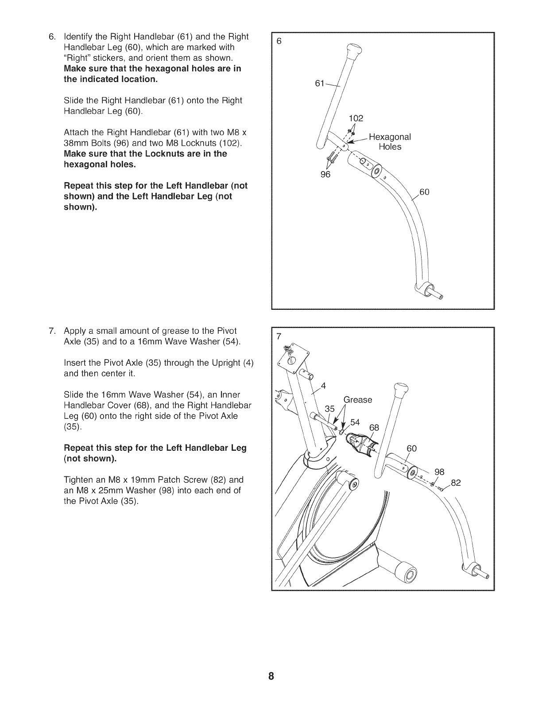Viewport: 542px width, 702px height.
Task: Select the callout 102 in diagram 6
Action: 356,118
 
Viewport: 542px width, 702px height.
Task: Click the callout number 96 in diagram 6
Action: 325,174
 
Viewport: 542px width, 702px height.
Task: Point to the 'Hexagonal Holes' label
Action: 390,141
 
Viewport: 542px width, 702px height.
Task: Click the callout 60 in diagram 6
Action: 424,192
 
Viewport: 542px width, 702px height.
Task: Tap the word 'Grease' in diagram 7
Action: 358,400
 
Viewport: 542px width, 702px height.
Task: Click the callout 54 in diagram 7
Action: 355,422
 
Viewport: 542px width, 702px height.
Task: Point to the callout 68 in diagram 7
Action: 374,428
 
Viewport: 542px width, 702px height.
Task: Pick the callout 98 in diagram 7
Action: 439,472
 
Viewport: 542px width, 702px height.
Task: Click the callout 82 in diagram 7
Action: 456,483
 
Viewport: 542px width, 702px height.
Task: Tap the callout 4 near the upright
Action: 323,386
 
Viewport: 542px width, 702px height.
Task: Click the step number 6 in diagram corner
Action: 279,41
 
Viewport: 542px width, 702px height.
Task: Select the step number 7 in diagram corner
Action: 279,336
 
